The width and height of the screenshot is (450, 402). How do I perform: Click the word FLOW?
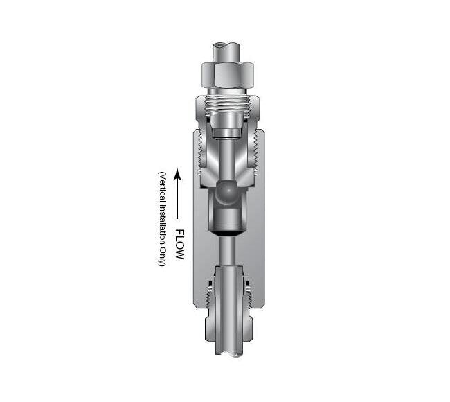point(179,245)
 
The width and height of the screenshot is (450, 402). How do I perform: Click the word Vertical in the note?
point(161,186)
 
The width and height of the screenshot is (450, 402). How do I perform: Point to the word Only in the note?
point(161,259)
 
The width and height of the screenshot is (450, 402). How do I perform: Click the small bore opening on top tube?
point(220,46)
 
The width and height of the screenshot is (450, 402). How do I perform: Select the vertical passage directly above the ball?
point(226,156)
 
